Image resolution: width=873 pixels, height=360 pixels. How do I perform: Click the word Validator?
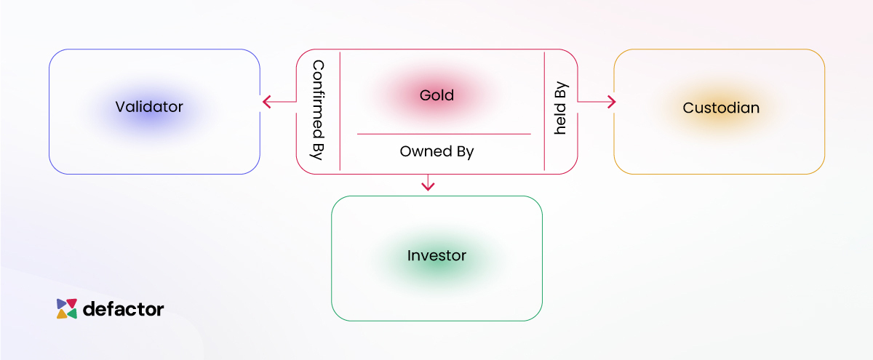[149, 108]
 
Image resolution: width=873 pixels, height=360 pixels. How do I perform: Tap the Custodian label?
[721, 108]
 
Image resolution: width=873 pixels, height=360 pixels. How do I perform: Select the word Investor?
[436, 256]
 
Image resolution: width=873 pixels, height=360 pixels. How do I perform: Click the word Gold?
[436, 95]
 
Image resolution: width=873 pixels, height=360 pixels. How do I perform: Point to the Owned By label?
[436, 152]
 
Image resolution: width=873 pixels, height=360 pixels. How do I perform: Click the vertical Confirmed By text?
[318, 111]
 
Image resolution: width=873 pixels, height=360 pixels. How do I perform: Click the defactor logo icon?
[67, 309]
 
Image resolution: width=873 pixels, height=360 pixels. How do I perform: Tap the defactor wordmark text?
[124, 309]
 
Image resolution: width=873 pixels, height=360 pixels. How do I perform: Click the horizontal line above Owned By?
[444, 134]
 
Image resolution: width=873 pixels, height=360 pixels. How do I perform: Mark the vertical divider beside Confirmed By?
[340, 111]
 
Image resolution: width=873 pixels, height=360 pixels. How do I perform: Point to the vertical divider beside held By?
[544, 111]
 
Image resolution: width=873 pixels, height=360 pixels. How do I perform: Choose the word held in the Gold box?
[561, 120]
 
